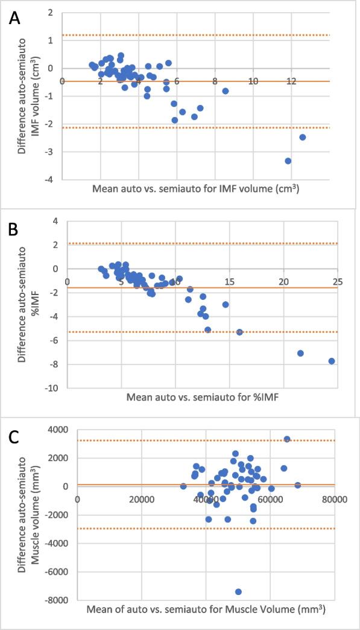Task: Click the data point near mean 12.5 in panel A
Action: [303, 137]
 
